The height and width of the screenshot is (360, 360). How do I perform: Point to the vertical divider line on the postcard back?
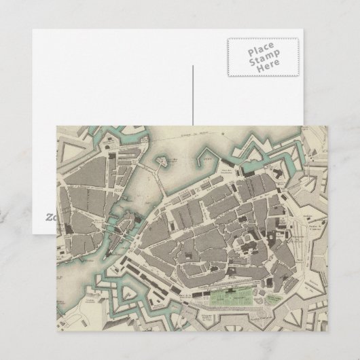coord(192,95)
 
